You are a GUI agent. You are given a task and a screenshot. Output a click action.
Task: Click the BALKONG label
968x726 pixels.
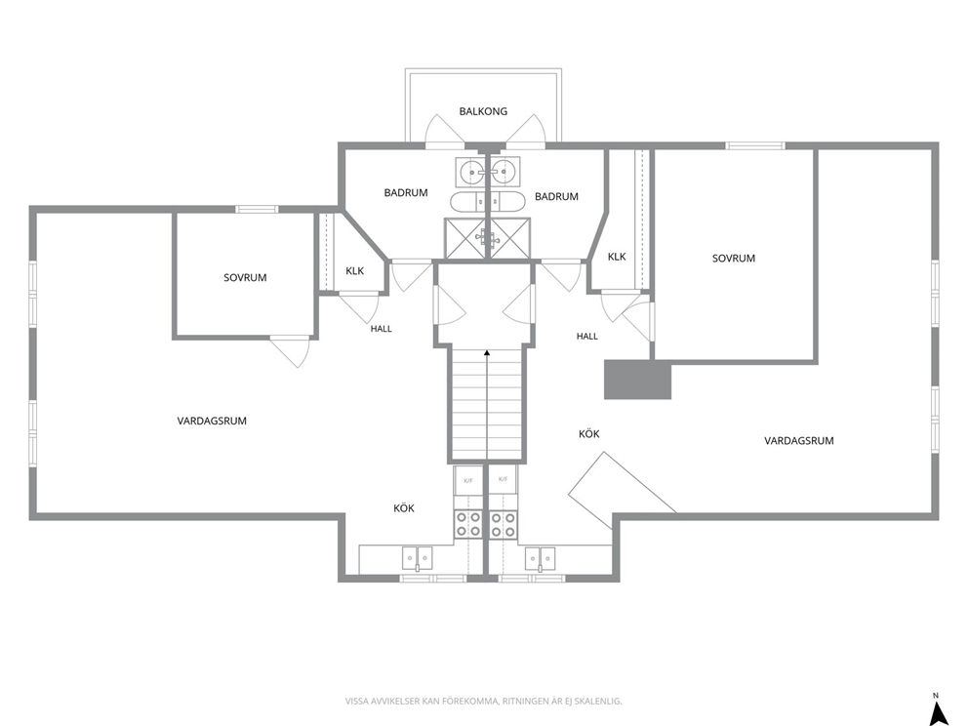(483, 112)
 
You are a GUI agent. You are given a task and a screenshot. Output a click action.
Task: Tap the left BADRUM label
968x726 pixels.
(406, 192)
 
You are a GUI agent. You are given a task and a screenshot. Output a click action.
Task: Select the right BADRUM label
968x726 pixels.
(556, 196)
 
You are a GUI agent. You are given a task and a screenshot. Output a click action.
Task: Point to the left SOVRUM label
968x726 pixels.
(245, 278)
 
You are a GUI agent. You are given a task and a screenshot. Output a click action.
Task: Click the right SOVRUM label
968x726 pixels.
(734, 258)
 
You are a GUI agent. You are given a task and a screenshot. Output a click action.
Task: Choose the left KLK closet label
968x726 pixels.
(355, 270)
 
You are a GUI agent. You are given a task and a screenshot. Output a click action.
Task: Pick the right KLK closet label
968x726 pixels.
(617, 257)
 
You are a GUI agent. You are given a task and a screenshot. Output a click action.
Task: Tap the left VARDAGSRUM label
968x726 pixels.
(212, 421)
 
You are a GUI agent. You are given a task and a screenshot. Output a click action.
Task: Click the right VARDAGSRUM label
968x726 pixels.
(799, 441)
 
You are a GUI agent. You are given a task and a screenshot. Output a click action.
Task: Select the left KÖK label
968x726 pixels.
(404, 508)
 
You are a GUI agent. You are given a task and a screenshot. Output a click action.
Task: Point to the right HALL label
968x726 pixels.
(587, 337)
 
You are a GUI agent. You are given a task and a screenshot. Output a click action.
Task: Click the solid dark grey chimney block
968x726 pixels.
(637, 380)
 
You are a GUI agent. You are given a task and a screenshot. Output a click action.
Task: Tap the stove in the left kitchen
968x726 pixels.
(468, 523)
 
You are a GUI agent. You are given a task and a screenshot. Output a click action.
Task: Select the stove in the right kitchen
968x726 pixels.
(504, 523)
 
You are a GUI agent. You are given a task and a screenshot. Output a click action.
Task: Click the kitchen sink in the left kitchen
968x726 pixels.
(418, 559)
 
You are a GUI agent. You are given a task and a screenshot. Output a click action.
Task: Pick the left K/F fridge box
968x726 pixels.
(468, 480)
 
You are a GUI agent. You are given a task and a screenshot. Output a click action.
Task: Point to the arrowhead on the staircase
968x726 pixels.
(487, 353)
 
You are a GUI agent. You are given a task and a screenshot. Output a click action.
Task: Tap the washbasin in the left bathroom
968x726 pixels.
(473, 171)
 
